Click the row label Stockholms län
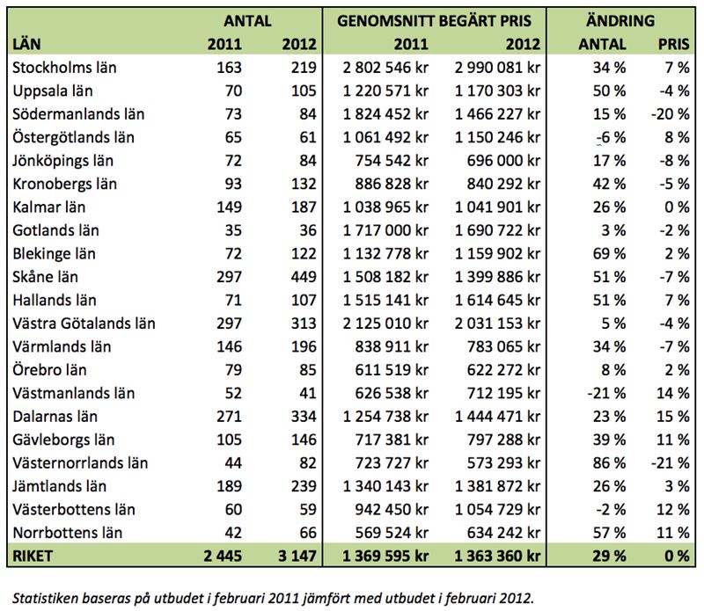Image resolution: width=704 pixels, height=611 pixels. click(64, 68)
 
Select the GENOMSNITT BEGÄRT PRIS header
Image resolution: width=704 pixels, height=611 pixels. click(434, 21)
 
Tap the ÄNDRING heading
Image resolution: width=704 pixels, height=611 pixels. click(620, 20)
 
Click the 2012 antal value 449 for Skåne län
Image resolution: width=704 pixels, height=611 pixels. click(304, 277)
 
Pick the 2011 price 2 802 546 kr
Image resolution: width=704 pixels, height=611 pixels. click(385, 68)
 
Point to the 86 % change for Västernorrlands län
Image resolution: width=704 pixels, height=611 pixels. click(609, 463)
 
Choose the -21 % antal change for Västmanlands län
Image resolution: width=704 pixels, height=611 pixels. click(606, 394)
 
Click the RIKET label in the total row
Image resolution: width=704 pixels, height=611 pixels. click(33, 556)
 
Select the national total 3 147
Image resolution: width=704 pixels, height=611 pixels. click(297, 556)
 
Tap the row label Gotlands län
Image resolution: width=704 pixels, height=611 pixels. click(55, 230)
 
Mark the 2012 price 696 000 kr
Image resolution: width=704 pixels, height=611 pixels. click(503, 161)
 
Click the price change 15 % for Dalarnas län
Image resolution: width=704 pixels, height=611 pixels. click(673, 417)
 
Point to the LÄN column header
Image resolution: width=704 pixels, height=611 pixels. click(26, 44)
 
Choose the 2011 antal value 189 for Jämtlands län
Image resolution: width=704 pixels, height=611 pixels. click(230, 486)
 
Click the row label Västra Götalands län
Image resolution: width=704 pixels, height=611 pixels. click(84, 324)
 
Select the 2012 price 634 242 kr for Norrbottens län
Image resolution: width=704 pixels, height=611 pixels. click(503, 533)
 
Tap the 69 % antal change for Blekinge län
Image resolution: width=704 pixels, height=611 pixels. click(609, 254)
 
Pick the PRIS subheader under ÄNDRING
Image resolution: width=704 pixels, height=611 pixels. click(673, 44)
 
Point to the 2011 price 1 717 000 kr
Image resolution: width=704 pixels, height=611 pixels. click(385, 230)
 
